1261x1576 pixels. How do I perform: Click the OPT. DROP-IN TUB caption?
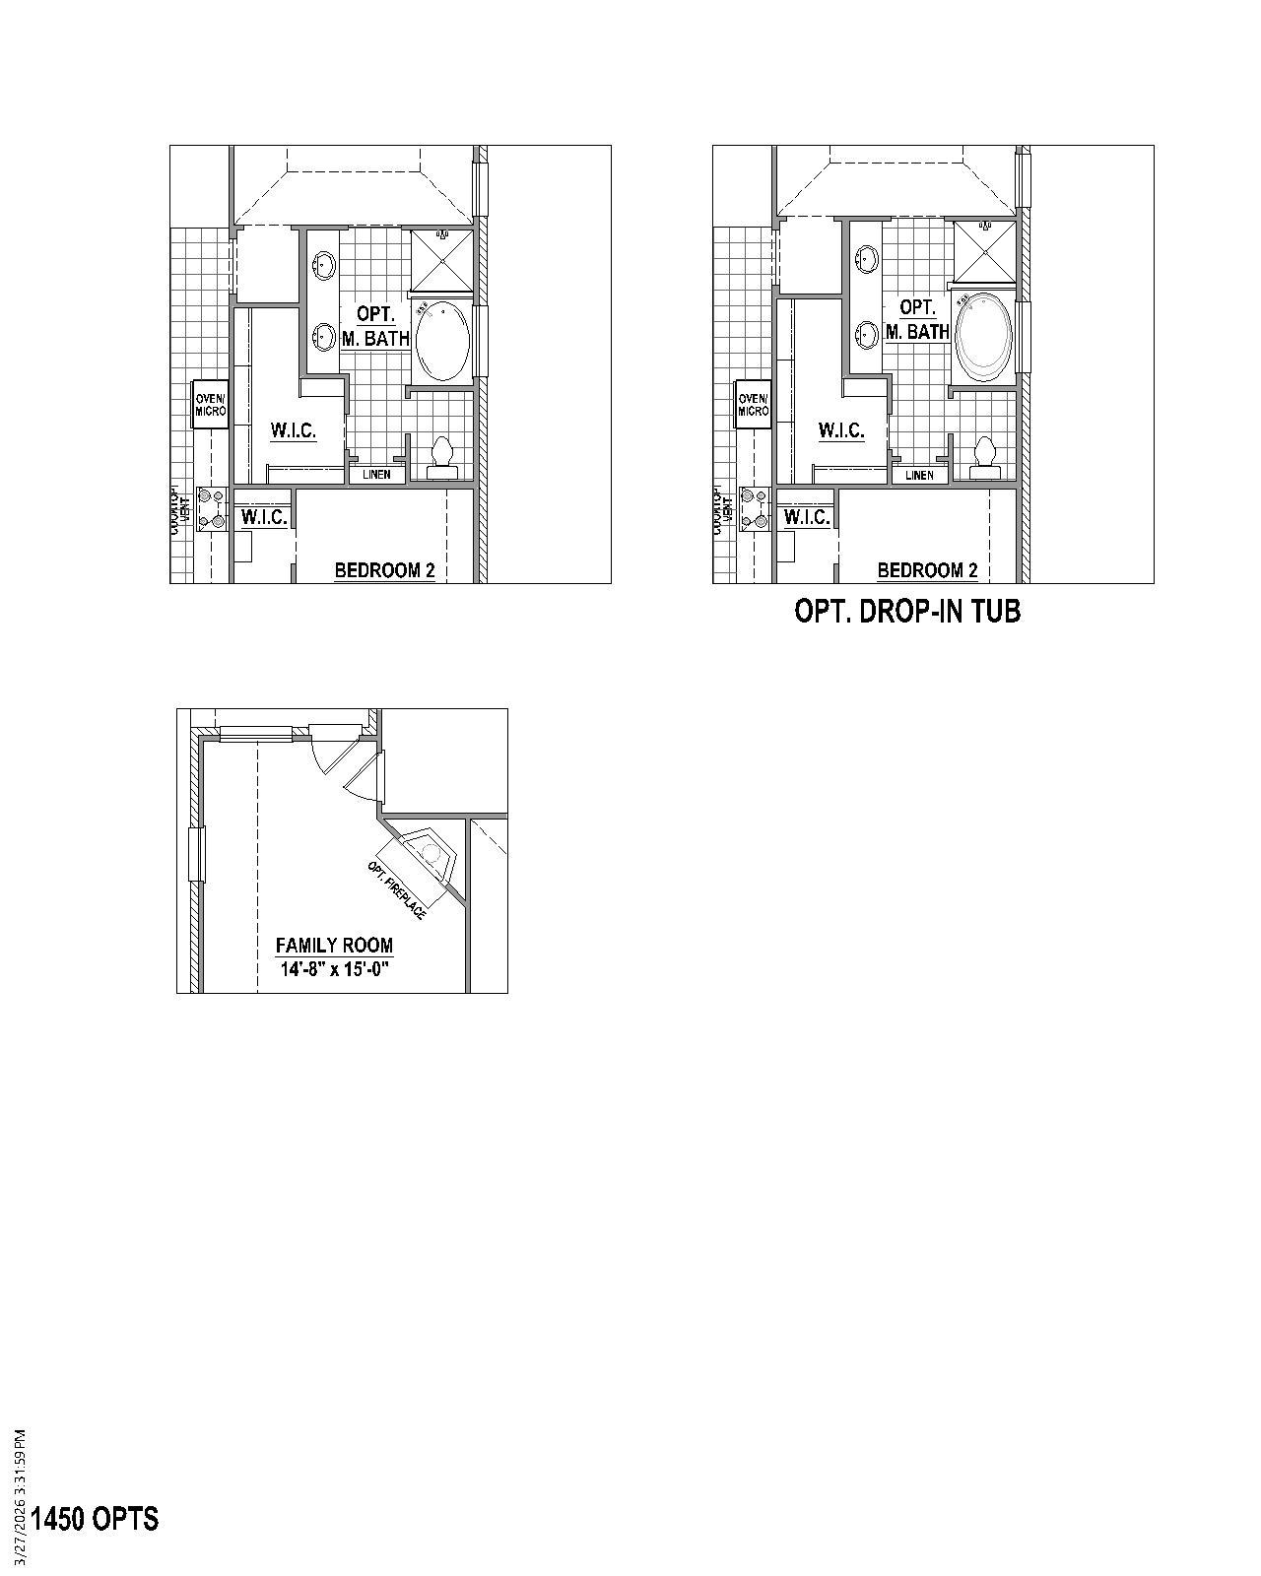click(x=907, y=612)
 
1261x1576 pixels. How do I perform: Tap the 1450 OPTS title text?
click(x=95, y=1519)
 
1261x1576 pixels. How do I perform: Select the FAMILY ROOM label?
click(x=334, y=946)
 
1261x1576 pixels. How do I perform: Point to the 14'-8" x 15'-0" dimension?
click(x=335, y=969)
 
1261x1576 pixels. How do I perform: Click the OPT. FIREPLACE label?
click(x=397, y=890)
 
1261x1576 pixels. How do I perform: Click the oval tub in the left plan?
click(x=441, y=341)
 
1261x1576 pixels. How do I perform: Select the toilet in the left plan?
click(x=442, y=458)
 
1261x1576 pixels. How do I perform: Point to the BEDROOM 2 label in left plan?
click(x=384, y=570)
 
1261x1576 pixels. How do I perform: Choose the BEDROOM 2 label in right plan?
click(x=927, y=570)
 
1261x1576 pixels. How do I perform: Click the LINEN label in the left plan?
click(x=376, y=475)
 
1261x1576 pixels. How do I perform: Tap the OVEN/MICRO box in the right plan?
click(x=754, y=404)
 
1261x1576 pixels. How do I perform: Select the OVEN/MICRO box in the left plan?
click(x=211, y=404)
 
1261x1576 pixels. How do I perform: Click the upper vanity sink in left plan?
click(x=323, y=263)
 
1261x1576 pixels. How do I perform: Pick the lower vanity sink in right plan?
click(x=867, y=335)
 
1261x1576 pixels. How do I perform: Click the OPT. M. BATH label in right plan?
click(x=917, y=320)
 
